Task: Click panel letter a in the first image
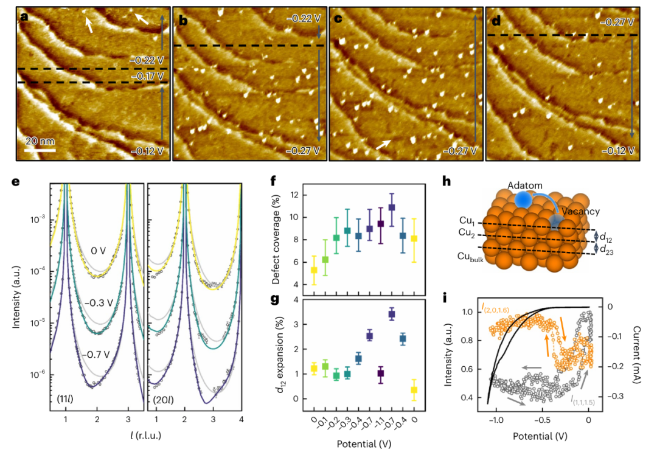(x=24, y=17)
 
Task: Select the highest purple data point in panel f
(x=392, y=207)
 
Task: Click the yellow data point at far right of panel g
(x=414, y=389)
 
